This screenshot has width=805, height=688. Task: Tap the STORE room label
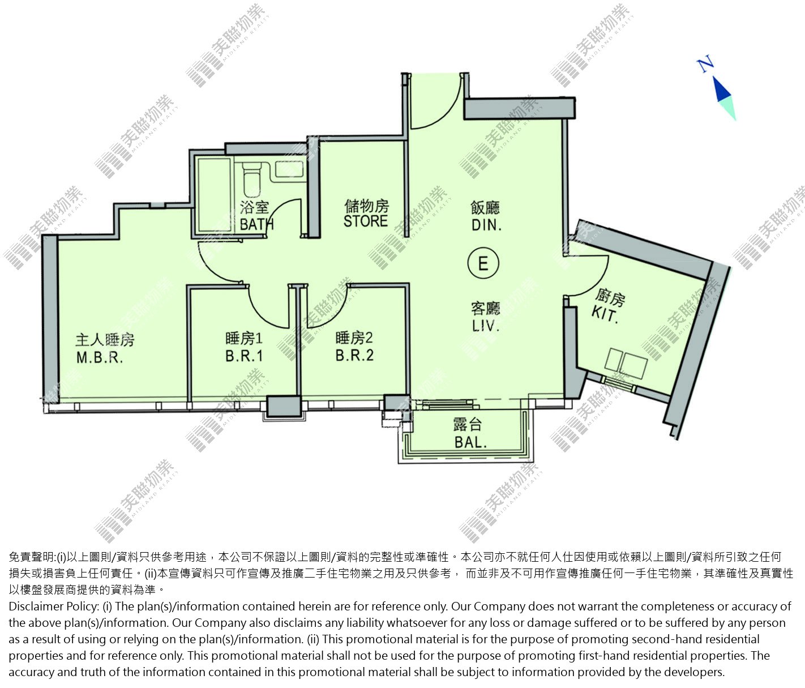365,221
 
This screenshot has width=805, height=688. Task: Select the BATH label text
256,224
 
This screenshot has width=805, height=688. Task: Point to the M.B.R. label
100,357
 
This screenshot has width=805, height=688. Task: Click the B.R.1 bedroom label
244,356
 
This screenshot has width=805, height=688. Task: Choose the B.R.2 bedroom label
354,355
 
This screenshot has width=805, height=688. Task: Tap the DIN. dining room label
486,225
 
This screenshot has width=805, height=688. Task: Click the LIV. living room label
486,325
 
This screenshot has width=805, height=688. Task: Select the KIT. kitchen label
605,314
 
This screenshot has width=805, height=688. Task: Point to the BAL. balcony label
470,442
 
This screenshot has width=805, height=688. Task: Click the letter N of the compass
705,65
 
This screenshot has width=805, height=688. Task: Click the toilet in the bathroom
251,178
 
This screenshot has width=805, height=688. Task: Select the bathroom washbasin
289,169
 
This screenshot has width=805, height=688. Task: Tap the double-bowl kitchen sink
626,364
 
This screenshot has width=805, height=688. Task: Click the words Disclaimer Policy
53,606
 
